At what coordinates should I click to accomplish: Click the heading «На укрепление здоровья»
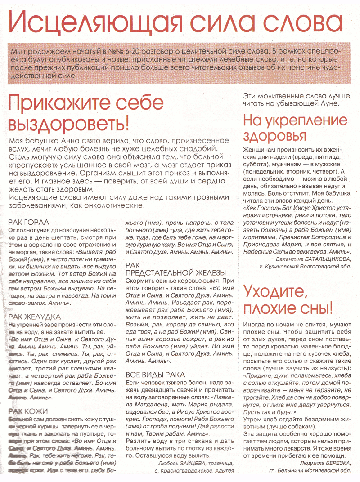pos(295,128)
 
